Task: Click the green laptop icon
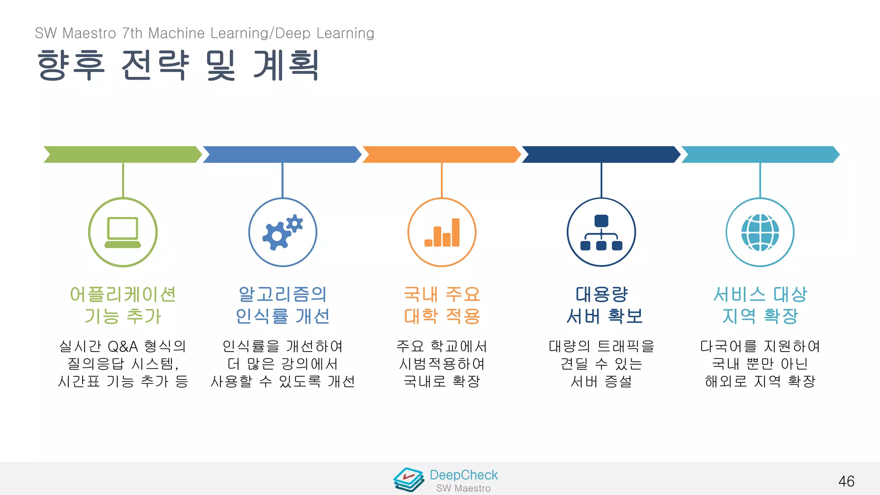coord(123,232)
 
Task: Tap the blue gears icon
coord(282,232)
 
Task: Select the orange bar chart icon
coord(442,232)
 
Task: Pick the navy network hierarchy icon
coord(601,232)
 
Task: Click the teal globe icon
coord(760,232)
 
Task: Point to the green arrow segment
coord(122,155)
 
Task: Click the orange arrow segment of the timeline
coord(441,155)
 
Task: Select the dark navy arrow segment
coord(601,155)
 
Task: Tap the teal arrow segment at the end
coord(760,155)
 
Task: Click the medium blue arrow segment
coord(282,155)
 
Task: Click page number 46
coord(846,481)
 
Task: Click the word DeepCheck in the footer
coord(464,475)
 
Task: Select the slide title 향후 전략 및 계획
coord(178,65)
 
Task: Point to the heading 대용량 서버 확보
coord(603,305)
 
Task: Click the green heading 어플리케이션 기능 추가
coord(123,305)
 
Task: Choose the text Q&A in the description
coord(123,346)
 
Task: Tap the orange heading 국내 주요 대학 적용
coord(442,305)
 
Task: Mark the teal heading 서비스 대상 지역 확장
coord(760,305)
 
